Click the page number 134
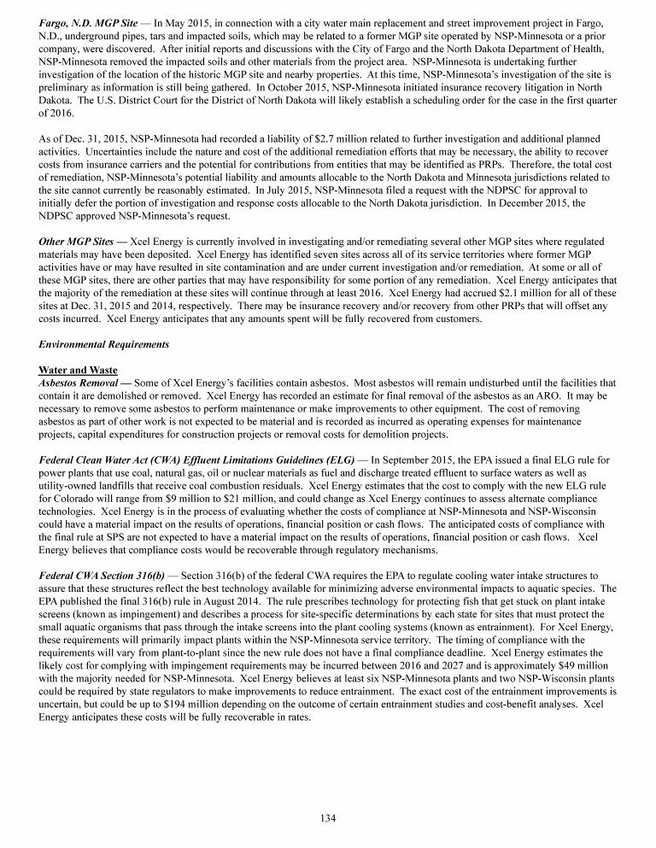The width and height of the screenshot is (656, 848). click(328, 817)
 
